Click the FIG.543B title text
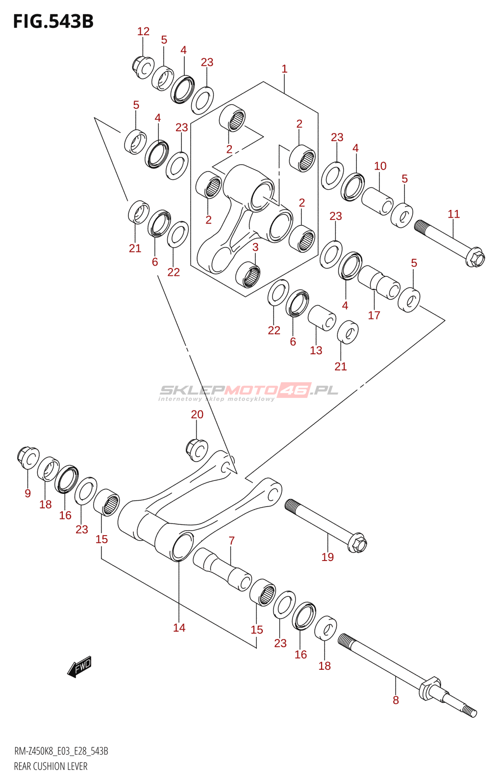tap(53, 22)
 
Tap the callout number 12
tap(143, 31)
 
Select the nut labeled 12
tap(143, 67)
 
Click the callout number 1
tap(284, 69)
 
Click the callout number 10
tap(380, 166)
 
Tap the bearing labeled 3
tap(248, 274)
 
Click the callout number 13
tap(316, 350)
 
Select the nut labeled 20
tap(197, 449)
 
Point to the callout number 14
tap(179, 628)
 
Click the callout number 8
tap(396, 700)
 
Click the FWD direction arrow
tap(79, 667)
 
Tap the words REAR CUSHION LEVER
tap(50, 766)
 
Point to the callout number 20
tap(197, 415)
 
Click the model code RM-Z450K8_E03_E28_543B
tap(61, 751)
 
